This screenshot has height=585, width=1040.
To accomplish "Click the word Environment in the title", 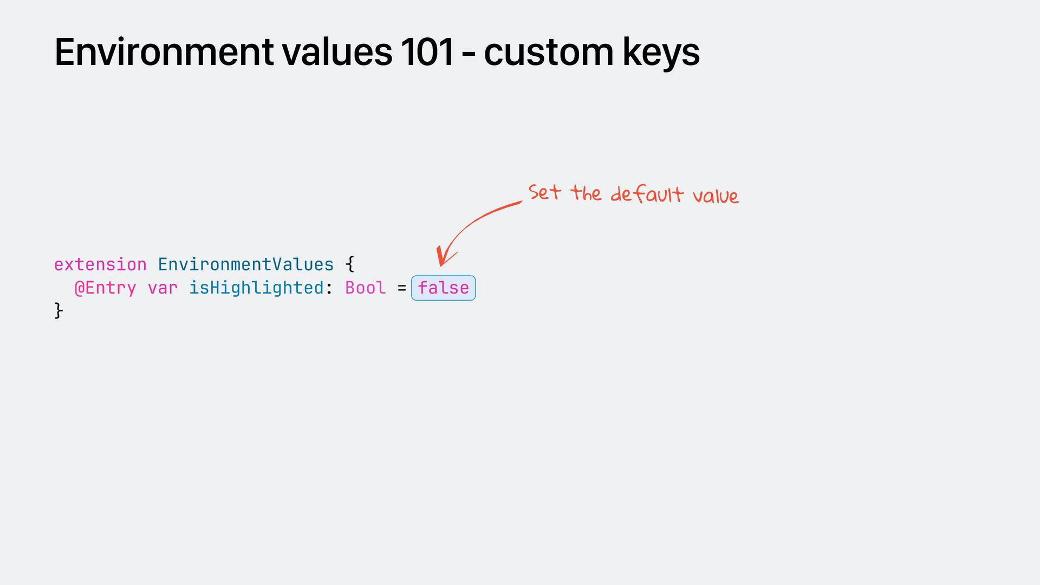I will click(x=164, y=53).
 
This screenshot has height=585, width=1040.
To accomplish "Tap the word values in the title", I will click(x=337, y=53).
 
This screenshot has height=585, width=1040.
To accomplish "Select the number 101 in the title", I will click(x=427, y=53).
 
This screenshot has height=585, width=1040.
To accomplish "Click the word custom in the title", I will click(x=548, y=53).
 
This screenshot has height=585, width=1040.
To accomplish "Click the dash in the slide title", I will click(x=469, y=54).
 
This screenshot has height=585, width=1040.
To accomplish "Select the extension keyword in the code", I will click(x=100, y=265).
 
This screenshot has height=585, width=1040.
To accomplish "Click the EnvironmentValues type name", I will click(x=245, y=265).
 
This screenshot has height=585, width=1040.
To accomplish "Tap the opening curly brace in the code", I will click(x=350, y=265).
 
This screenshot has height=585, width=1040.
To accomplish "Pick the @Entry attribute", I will click(x=105, y=288).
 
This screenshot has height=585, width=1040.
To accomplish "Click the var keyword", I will click(x=162, y=288).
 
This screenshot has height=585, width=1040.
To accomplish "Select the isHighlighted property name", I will click(x=256, y=288).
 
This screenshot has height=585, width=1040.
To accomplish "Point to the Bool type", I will click(x=365, y=288).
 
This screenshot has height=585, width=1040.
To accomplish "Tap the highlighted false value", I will click(x=443, y=288).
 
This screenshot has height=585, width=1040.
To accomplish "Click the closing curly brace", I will click(x=58, y=311).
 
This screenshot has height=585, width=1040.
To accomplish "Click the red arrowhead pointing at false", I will click(x=444, y=257).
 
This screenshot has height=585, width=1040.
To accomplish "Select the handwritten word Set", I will click(x=544, y=192).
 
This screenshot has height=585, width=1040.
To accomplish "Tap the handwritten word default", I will click(x=647, y=194).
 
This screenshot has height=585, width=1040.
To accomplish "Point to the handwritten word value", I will click(x=715, y=196).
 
